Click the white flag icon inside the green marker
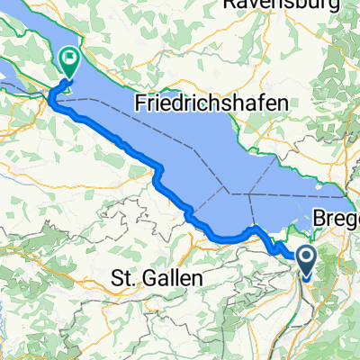pos(69,59)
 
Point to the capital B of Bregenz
pos(320,219)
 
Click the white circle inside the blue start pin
pos(306,258)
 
